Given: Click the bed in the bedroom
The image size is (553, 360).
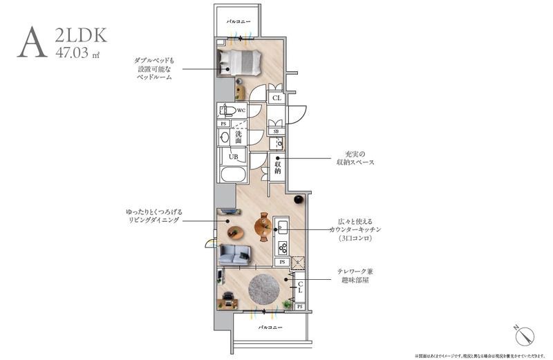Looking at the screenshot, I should tap(240, 63).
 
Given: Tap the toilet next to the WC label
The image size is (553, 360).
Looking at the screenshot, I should tap(226, 111).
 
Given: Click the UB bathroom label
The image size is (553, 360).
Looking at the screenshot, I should tap(234, 157).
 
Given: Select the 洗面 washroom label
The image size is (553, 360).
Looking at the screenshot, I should tap(238, 136).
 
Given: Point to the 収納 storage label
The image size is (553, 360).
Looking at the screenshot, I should tap(278, 167).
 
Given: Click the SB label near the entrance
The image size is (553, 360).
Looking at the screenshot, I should tap(276, 131).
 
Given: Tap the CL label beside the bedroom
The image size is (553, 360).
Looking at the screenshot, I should tap(276, 99).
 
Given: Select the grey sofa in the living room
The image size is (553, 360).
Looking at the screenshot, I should tap(234, 256).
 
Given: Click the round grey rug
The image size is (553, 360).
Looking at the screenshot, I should tap(265, 288).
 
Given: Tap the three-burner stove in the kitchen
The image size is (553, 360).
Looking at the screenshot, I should tap(282, 247).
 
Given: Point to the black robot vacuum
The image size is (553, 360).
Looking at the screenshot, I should tap(299, 200).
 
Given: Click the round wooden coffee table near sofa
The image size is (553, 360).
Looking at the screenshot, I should tap(236, 233).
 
